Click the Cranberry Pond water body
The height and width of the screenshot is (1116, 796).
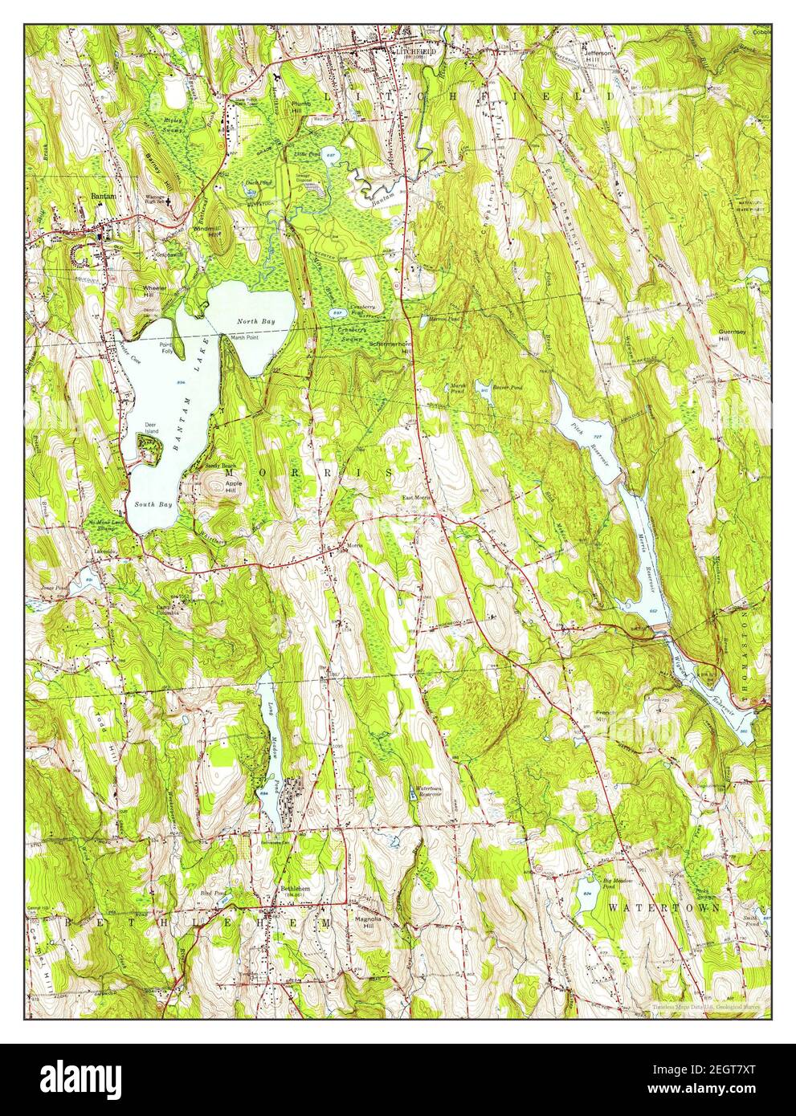point(337,311)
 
